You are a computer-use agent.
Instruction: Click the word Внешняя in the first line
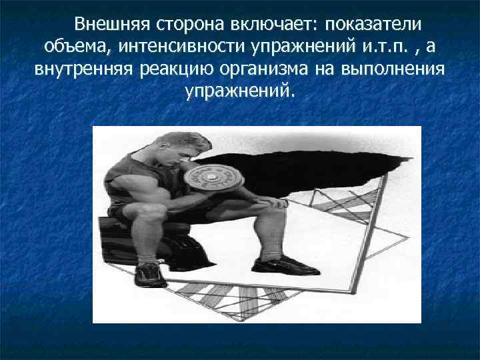(x=111, y=25)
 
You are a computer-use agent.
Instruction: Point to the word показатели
(x=374, y=25)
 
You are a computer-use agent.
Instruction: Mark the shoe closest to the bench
(x=151, y=273)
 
